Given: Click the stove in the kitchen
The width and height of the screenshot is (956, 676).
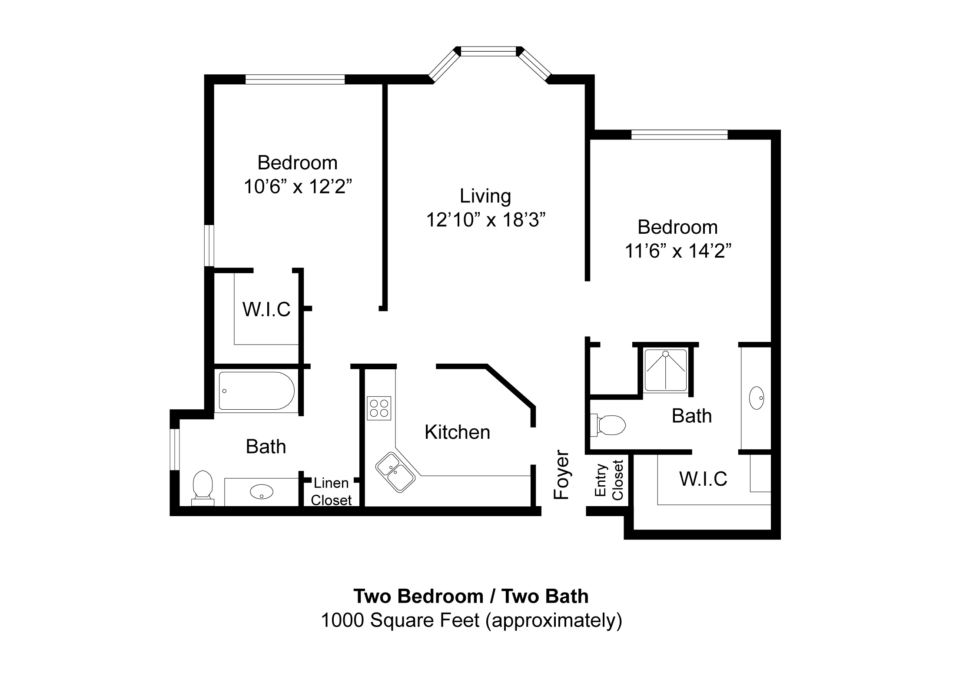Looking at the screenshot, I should (x=379, y=408).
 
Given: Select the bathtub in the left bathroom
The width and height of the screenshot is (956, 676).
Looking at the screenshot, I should (x=256, y=391).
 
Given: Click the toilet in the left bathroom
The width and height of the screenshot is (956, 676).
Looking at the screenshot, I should (x=203, y=486).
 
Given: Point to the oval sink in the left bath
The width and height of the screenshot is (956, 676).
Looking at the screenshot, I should (x=262, y=492).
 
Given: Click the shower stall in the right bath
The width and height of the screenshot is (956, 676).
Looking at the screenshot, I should (x=665, y=369).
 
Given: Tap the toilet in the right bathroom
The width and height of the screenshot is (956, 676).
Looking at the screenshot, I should (x=608, y=424).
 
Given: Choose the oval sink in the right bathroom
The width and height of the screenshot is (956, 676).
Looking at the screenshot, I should (x=757, y=398).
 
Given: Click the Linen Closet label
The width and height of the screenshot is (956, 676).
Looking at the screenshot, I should (x=331, y=491).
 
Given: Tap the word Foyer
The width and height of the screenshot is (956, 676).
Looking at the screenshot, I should (x=561, y=474).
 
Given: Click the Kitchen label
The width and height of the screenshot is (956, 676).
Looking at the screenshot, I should (x=457, y=432).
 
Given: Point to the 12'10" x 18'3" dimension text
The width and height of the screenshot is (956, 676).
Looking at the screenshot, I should (x=485, y=220).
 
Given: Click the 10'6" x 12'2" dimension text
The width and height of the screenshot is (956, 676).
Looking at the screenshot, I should (x=298, y=187).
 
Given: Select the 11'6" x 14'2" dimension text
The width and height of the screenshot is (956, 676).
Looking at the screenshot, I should (x=678, y=251).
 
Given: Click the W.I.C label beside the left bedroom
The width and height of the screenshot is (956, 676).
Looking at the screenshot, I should (x=266, y=309).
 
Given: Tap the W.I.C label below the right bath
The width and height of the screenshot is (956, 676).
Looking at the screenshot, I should (x=703, y=479).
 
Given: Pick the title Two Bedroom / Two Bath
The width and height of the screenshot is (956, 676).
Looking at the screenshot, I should (x=471, y=596).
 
